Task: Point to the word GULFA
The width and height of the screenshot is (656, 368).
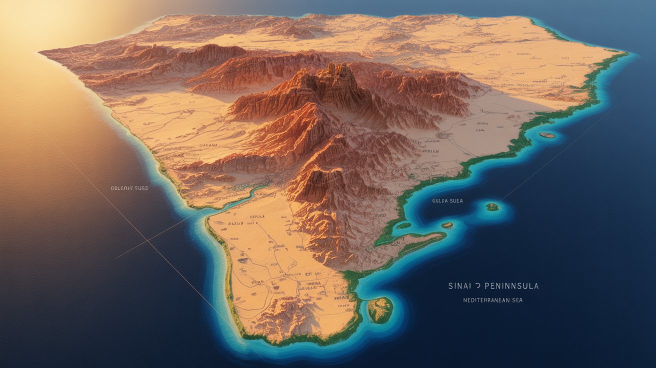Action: pos(439,200)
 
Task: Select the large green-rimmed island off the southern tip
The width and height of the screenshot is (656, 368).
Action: pos(380,309)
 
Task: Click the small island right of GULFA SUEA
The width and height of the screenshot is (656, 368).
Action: pos(492,206)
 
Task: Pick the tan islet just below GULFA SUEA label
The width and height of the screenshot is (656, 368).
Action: pos(447,225)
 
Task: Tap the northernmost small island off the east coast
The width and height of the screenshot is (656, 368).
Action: pos(547,135)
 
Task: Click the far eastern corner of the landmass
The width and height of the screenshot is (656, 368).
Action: pos(625,52)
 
